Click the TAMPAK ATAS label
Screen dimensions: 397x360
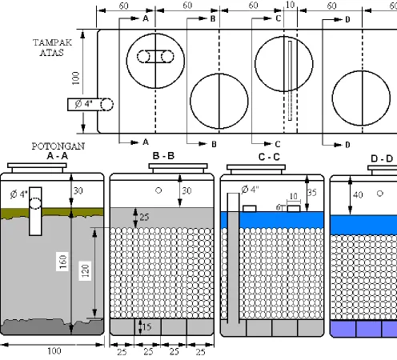(52, 47)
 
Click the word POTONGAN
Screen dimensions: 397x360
(58, 146)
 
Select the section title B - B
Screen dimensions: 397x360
(163, 156)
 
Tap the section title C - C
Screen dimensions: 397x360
(269, 157)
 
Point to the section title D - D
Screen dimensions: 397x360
(382, 159)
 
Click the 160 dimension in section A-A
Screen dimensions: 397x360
(62, 262)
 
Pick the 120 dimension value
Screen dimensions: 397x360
(85, 271)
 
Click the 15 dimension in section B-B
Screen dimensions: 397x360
(146, 326)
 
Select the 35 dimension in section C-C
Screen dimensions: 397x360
(312, 193)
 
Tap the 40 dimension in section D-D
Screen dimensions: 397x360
(358, 195)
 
